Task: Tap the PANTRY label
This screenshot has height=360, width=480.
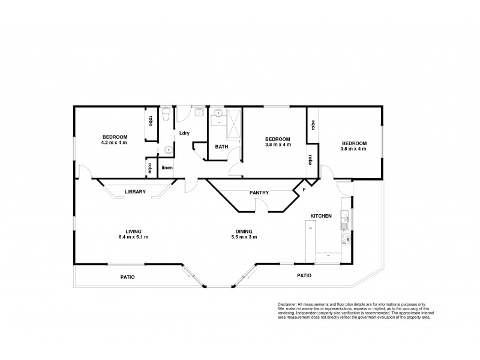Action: point(259,193)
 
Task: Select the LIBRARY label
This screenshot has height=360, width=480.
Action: point(136,192)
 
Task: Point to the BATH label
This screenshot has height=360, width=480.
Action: point(221,147)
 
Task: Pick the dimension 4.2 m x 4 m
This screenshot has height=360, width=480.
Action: point(114,143)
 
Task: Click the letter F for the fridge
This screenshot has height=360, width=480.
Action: point(304,190)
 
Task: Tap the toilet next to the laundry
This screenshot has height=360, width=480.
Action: point(169,112)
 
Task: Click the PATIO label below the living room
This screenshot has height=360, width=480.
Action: point(127,277)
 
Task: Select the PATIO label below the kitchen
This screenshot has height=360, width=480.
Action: point(304,275)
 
